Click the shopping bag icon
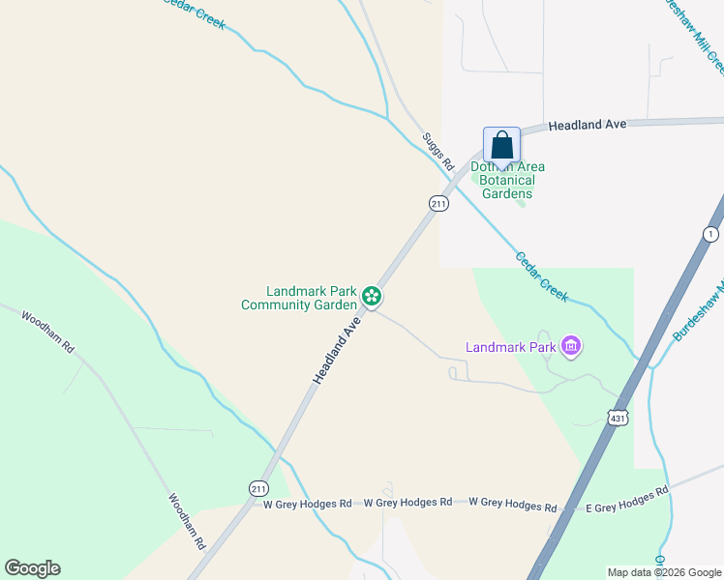click(x=501, y=145)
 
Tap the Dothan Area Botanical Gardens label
click(x=508, y=180)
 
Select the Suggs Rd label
click(x=437, y=152)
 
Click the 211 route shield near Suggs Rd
click(x=438, y=203)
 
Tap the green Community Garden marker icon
click(x=371, y=296)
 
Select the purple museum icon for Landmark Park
click(x=571, y=346)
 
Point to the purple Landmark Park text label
click(x=510, y=347)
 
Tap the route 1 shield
click(x=711, y=235)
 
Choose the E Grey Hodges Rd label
click(x=627, y=500)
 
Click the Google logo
click(x=32, y=568)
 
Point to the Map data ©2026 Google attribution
click(x=664, y=572)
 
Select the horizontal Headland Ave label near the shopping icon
click(x=587, y=126)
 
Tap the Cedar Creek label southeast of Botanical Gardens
click(x=541, y=276)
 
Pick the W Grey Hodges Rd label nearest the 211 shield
click(x=307, y=504)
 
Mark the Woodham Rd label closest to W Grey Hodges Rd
click(x=187, y=522)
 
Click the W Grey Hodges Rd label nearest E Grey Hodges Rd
click(x=512, y=505)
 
